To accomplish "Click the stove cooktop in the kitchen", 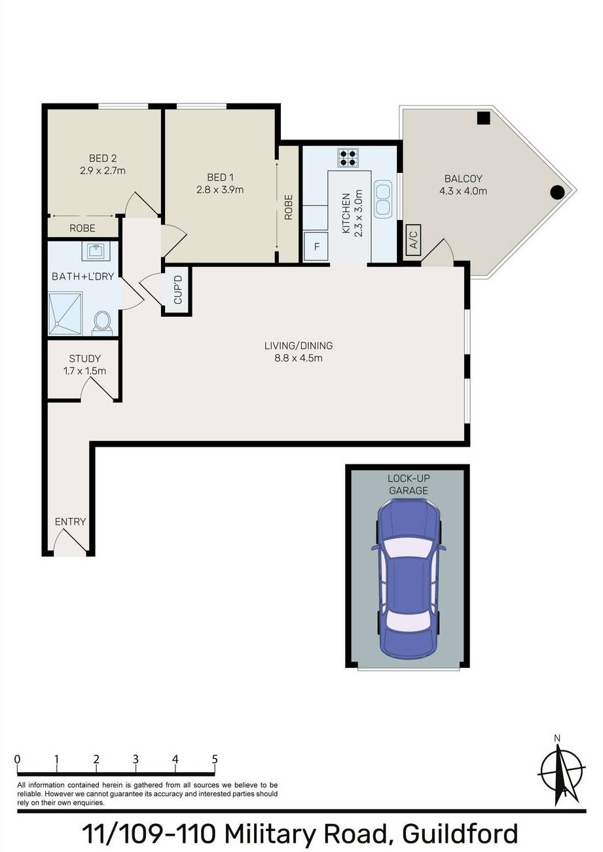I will [x=348, y=158].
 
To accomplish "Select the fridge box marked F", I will [x=317, y=247].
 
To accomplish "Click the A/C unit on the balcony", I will [x=412, y=238].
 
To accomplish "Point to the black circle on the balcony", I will [x=557, y=192].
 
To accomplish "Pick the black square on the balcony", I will [x=483, y=118].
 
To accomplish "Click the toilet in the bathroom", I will [x=102, y=322].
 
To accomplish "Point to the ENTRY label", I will [x=70, y=522].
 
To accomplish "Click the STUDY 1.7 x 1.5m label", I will [x=84, y=365].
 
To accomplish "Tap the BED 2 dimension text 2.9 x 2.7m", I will [x=103, y=171].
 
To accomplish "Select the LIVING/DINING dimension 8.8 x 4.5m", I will [x=299, y=358].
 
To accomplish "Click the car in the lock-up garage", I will [x=408, y=576].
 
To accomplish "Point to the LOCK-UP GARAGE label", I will [x=408, y=485].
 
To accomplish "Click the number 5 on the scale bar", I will [x=215, y=760].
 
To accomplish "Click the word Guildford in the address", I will [x=460, y=834].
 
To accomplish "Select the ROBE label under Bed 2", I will [x=82, y=229].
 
